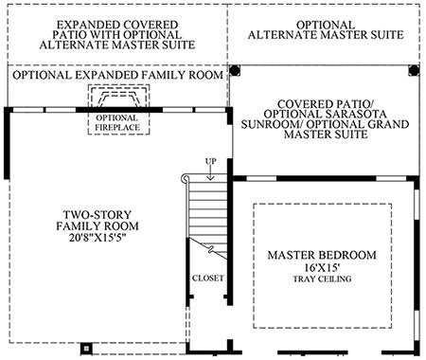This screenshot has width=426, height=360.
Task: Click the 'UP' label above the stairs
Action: coord(211,161)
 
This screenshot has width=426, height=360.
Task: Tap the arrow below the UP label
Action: coord(210,173)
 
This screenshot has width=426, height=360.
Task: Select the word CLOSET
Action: coord(208,279)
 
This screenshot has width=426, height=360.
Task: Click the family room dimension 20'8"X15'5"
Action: coord(98,238)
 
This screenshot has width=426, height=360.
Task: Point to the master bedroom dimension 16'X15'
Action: coord(322,268)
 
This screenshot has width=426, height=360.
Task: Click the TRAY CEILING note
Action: coord(322,279)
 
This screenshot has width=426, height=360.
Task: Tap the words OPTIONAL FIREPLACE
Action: coord(117,123)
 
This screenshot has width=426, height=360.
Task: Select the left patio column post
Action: coord(235,70)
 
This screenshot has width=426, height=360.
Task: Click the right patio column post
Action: coord(414,70)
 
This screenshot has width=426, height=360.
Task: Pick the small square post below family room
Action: coord(86,349)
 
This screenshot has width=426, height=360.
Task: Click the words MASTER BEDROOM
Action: coord(322,255)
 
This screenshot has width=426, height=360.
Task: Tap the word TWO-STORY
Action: coord(98,215)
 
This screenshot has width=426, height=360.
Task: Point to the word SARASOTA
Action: coord(355,114)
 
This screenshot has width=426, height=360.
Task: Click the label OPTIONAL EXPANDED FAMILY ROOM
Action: coord(117,75)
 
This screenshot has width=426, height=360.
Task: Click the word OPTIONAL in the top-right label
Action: coord(326,25)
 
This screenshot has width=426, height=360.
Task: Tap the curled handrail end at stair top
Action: coord(185,179)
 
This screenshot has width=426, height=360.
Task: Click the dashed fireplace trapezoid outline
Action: coord(118,100)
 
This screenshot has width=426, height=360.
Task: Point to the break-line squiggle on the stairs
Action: coord(211,250)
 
